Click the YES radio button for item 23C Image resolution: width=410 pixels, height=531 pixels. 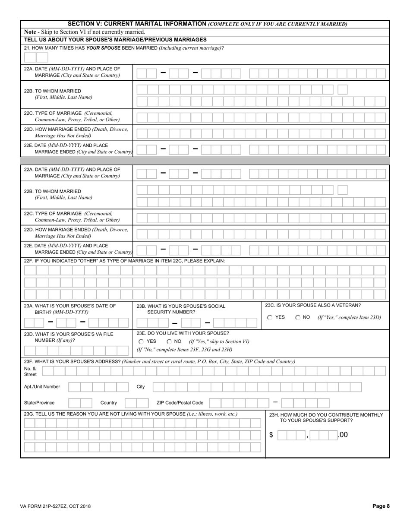click(x=270, y=317)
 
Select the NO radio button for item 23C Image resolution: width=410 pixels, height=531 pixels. click(x=298, y=317)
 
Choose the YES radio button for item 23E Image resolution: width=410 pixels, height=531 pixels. click(x=141, y=341)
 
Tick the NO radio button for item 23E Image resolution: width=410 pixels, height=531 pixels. click(x=169, y=341)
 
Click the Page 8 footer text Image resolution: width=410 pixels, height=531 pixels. click(x=381, y=506)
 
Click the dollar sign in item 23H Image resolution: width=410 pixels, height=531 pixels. click(x=271, y=435)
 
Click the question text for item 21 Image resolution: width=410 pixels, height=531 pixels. click(x=124, y=48)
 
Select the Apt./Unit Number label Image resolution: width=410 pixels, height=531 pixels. click(x=42, y=387)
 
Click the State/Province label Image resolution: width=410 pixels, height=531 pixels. click(x=39, y=403)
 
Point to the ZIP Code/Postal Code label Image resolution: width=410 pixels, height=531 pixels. click(x=180, y=403)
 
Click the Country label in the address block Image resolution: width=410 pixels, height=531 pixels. click(x=108, y=403)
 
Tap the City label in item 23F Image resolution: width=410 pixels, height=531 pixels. click(x=141, y=387)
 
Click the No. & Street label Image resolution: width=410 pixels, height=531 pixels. click(x=30, y=372)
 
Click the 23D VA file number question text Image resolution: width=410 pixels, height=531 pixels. click(x=69, y=337)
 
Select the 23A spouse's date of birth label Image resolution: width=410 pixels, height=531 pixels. click(x=70, y=309)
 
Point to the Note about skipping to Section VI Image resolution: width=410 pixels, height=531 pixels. click(x=85, y=32)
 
